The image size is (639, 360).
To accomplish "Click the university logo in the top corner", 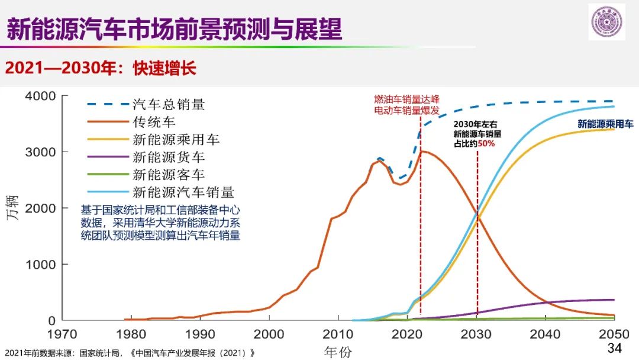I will click(606, 22).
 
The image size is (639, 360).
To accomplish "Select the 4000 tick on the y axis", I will click(40, 96).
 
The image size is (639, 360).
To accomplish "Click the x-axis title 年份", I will click(338, 352).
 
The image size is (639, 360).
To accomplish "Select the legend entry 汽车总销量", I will click(169, 105).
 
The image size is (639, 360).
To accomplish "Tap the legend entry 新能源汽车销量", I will click(184, 192).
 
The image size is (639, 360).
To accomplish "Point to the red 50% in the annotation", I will click(486, 144).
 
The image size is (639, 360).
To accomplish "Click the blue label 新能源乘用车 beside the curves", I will click(605, 124).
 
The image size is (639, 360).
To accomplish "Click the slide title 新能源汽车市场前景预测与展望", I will click(174, 28).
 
